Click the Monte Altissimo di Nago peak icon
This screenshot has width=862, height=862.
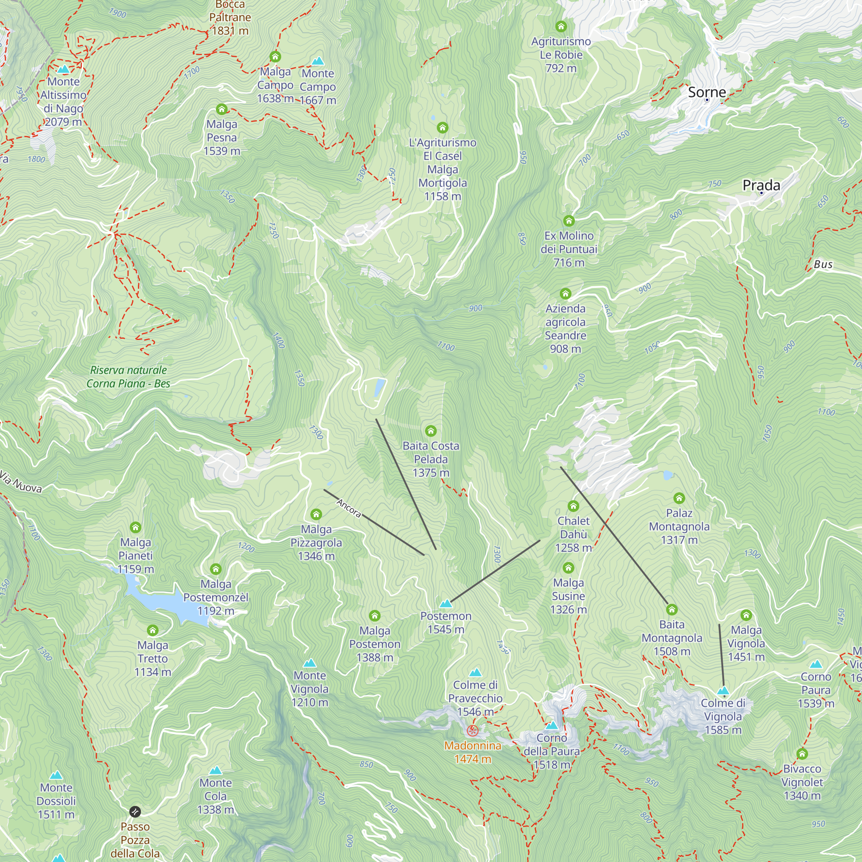(x=63, y=69)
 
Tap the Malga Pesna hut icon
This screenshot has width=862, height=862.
(x=222, y=109)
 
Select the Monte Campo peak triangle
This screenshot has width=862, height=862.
(x=318, y=61)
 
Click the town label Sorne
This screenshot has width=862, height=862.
(x=707, y=92)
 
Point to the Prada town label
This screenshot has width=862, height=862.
(x=761, y=185)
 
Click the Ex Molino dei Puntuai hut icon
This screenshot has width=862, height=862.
(x=568, y=221)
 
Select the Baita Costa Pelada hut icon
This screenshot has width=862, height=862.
(x=431, y=431)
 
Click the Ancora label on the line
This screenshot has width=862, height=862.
(x=349, y=508)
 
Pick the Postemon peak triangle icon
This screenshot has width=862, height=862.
(x=446, y=604)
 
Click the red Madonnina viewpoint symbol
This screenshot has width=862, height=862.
(x=472, y=731)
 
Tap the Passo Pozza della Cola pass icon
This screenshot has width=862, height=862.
(x=135, y=812)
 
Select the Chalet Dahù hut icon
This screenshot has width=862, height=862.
(x=573, y=506)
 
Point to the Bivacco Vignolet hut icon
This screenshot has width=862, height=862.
(x=802, y=754)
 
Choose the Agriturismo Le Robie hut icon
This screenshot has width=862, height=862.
(x=561, y=27)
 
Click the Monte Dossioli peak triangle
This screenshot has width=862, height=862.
(x=56, y=775)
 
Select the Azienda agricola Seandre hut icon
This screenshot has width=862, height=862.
(x=565, y=294)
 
